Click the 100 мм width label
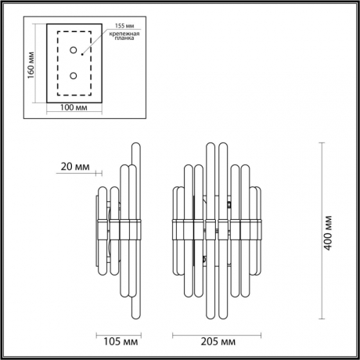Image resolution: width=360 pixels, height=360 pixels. point(74,108)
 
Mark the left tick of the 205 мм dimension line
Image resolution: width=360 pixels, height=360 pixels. point(172,330)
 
